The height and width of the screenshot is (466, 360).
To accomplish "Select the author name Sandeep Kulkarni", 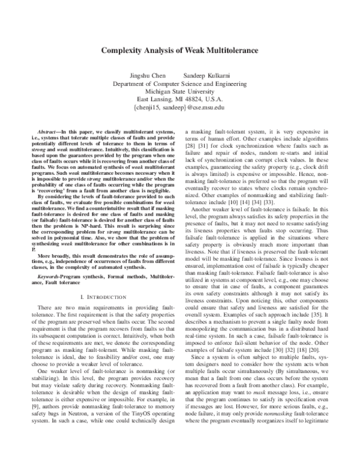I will [x=205, y=76].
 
